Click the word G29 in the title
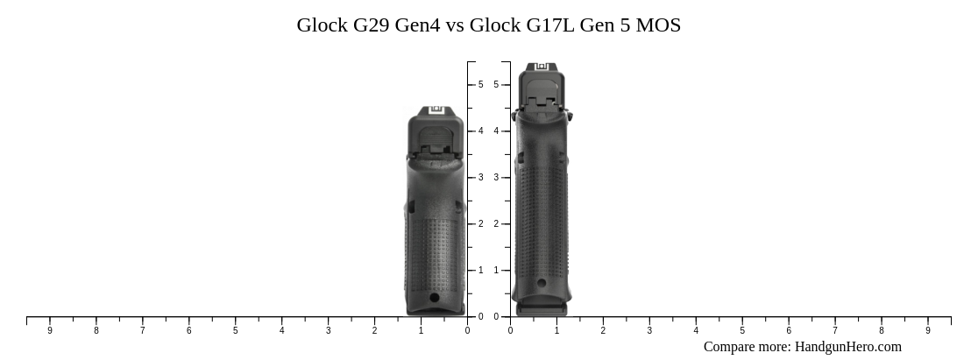[x=372, y=25]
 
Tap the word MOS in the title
[x=658, y=25]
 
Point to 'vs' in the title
[x=455, y=25]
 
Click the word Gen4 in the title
[x=418, y=25]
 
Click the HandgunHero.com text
[x=847, y=347]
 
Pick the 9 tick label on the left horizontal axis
[x=50, y=331]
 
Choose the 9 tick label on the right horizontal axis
[x=928, y=331]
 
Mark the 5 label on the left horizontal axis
[x=236, y=331]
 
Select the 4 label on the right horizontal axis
[x=696, y=331]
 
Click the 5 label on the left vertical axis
[x=480, y=85]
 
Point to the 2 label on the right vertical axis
[x=496, y=224]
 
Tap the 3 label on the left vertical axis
[x=480, y=178]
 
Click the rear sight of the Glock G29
[x=436, y=110]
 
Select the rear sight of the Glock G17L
[x=542, y=67]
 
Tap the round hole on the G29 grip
[x=435, y=298]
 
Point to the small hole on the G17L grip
[x=542, y=282]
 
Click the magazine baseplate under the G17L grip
[x=542, y=309]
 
